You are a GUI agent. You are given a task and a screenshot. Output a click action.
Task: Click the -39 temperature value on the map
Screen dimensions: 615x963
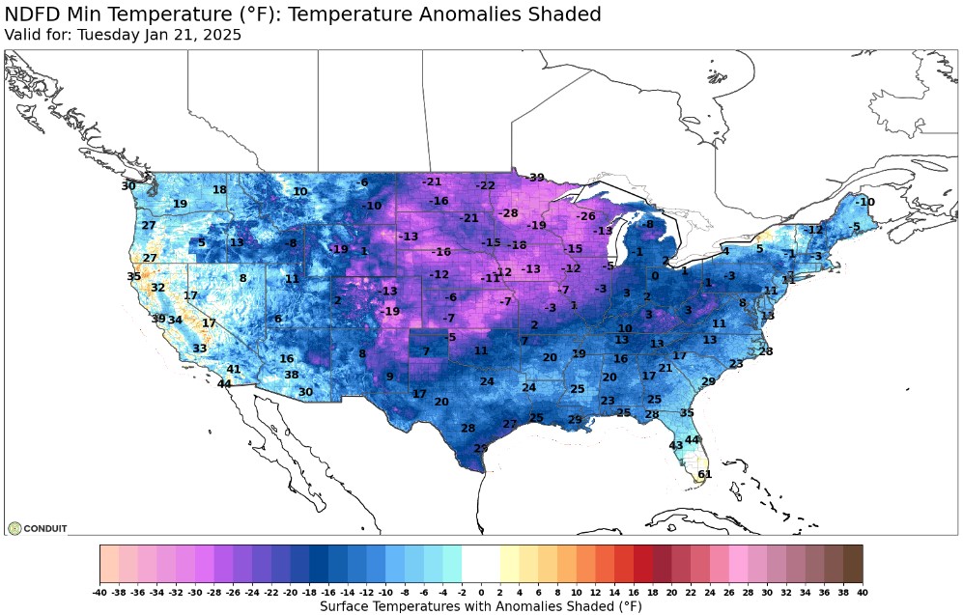[x=535, y=178]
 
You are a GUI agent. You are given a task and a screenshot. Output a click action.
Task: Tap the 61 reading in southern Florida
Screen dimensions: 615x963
[x=704, y=474]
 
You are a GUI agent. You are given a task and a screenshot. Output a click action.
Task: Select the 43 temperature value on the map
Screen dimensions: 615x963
[x=676, y=445]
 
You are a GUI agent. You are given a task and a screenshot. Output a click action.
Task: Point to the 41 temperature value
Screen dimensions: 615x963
[x=234, y=370]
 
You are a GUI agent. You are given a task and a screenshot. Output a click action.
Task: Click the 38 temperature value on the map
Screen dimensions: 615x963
[x=291, y=375]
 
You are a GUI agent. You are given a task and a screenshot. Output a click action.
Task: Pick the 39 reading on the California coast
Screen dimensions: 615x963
[x=158, y=319]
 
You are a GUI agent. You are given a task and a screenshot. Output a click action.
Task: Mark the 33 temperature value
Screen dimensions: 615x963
[x=199, y=349]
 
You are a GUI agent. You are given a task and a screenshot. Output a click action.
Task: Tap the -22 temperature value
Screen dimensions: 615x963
[x=485, y=185]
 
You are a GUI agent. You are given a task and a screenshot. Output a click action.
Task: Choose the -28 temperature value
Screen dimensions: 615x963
[x=508, y=213]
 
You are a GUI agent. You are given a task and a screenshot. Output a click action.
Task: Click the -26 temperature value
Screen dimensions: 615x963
[x=586, y=216]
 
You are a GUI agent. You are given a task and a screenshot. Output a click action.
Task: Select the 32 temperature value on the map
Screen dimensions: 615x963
[x=157, y=288]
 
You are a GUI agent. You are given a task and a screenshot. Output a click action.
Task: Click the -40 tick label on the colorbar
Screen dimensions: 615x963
[x=99, y=590]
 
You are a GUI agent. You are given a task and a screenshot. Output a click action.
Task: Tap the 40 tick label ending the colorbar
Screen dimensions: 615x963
[x=863, y=590]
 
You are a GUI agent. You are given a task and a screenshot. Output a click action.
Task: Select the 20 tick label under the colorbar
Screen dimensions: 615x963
[x=671, y=590]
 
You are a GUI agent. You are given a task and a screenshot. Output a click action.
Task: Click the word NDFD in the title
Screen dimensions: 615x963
[x=31, y=14]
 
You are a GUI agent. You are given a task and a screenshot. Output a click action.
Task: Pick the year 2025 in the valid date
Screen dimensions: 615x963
[x=222, y=35]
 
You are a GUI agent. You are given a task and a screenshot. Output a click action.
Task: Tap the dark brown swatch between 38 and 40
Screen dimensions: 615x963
[x=853, y=563]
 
